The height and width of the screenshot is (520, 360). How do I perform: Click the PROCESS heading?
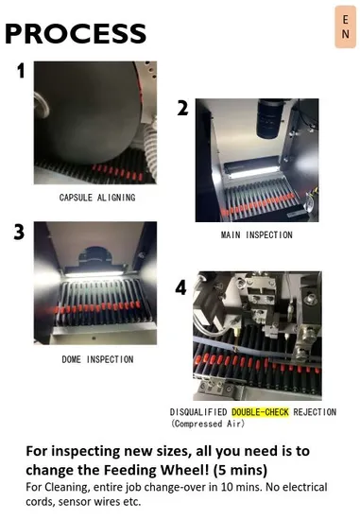(x=76, y=33)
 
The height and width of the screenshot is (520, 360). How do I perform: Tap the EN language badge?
(x=346, y=26)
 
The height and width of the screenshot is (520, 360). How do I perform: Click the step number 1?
(x=21, y=71)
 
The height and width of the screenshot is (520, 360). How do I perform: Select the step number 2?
(x=182, y=108)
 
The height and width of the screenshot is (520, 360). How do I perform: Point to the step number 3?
(x=19, y=232)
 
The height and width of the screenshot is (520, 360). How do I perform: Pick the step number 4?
(x=181, y=287)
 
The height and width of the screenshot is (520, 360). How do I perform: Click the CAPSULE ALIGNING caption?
(x=97, y=198)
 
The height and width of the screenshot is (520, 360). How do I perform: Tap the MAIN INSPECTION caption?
(x=257, y=234)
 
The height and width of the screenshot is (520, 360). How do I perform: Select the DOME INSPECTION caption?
(x=97, y=359)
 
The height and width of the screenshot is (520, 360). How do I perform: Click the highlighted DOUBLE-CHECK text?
(x=260, y=412)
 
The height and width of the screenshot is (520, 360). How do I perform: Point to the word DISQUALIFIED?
(x=198, y=412)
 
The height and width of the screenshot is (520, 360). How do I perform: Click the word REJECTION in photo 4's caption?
(x=315, y=412)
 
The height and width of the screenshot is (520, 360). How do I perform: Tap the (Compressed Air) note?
(x=208, y=424)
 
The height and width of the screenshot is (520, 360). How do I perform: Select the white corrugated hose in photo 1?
(x=150, y=147)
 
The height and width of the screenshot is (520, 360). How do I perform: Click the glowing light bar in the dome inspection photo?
(x=94, y=274)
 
